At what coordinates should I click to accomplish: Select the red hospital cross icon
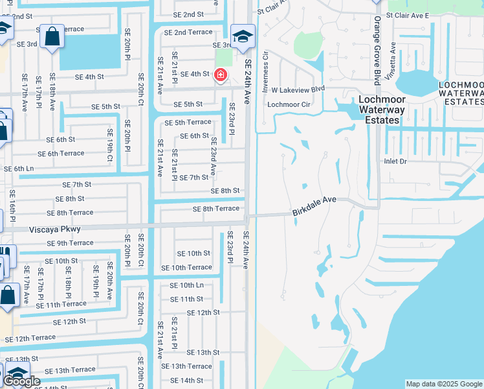click(221, 76)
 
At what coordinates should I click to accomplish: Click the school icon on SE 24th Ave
click(243, 36)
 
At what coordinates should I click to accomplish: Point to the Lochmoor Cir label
click(289, 104)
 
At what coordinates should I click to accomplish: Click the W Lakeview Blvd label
click(298, 89)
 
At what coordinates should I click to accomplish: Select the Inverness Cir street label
click(265, 72)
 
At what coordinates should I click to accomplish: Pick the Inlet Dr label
click(395, 161)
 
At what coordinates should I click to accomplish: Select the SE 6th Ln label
click(19, 169)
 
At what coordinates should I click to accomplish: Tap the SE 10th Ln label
click(186, 285)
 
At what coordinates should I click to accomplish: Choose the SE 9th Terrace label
click(70, 243)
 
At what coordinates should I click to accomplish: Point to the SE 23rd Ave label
click(213, 159)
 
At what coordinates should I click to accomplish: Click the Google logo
click(23, 382)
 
